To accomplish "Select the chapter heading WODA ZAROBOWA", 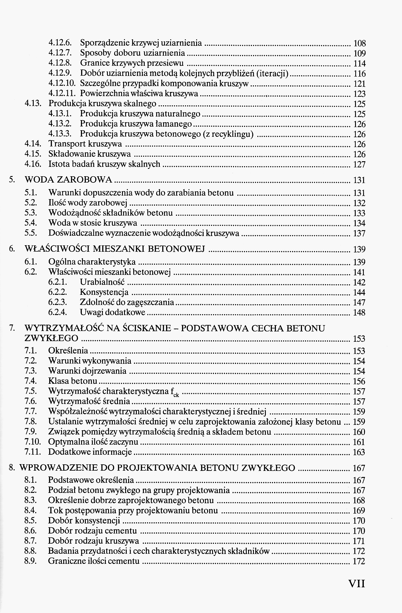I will pyautogui.click(x=68, y=180).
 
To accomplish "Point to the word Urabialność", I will pyautogui.click(x=102, y=282).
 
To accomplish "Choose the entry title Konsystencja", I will pyautogui.click(x=104, y=292).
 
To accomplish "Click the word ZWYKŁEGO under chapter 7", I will pyautogui.click(x=51, y=338).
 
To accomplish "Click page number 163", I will pyautogui.click(x=359, y=452).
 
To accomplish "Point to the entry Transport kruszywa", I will pyautogui.click(x=85, y=144).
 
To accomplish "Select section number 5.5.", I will pyautogui.click(x=31, y=233).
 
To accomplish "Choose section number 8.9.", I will pyautogui.click(x=30, y=561).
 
